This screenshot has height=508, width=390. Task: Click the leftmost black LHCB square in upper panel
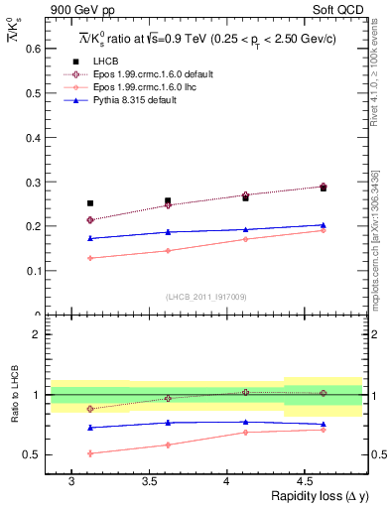click(90, 203)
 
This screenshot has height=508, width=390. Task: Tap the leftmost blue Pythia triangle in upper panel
click(90, 238)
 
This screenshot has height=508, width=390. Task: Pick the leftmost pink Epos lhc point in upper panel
click(90, 258)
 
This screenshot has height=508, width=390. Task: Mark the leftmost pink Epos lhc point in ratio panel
click(90, 453)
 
